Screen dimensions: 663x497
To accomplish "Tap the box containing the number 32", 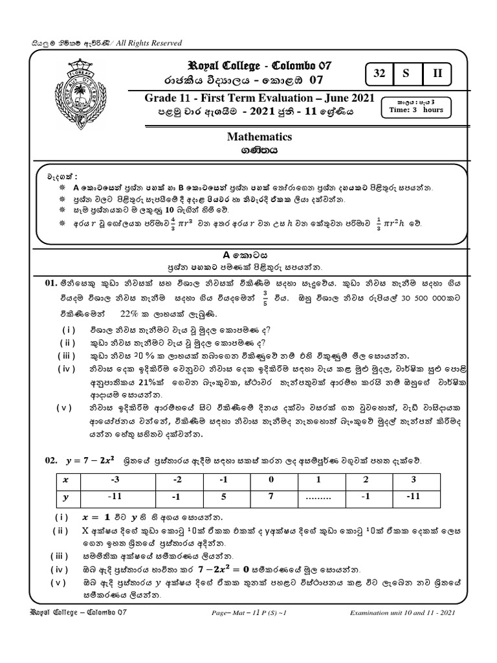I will click(x=379, y=74).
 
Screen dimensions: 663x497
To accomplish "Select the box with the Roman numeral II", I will click(x=437, y=74).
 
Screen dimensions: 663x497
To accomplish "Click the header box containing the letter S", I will click(x=406, y=74).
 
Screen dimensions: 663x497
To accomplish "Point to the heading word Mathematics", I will click(x=260, y=137).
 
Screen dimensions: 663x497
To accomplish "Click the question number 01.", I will click(x=52, y=283).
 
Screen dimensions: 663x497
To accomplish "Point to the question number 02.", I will click(x=52, y=460).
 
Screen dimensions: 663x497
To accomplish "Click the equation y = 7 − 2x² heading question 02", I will click(x=89, y=460).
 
